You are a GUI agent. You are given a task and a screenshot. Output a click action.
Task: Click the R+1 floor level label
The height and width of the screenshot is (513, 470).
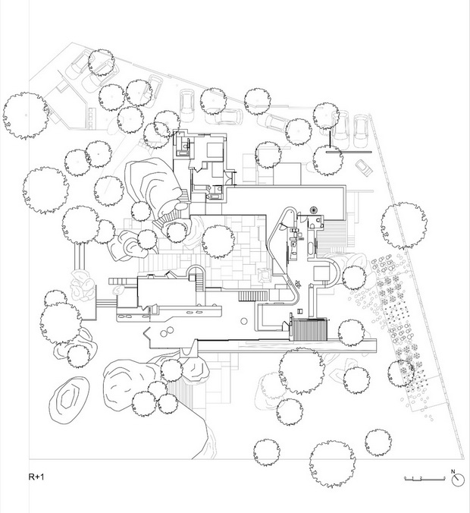(36, 477)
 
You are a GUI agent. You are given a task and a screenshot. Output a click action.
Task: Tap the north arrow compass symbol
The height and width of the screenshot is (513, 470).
(458, 480)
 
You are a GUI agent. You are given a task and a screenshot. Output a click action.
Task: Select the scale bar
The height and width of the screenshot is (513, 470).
(425, 479)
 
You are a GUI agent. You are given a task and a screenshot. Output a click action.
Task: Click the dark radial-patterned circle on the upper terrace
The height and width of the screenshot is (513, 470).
(314, 209)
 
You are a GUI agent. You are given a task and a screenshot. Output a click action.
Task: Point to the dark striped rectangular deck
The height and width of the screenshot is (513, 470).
(310, 329)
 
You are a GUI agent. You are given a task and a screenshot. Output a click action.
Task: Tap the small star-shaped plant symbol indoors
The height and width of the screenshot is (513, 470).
(298, 284)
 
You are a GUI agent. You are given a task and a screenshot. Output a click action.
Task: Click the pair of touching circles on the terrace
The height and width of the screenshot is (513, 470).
(167, 332)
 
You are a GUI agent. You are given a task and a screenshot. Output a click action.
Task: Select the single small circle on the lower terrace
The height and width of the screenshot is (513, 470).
(243, 321)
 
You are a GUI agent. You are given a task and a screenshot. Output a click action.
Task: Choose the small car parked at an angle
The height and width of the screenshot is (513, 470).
(363, 167)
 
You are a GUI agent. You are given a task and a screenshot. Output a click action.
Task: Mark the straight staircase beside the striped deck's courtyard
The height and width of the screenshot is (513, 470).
(253, 296)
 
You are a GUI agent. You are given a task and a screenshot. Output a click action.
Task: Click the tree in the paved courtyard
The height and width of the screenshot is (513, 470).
(218, 241)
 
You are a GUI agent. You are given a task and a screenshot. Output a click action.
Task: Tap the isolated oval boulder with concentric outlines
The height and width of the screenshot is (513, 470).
(69, 399)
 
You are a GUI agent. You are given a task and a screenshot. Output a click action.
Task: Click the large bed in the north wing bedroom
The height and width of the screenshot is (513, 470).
(215, 150)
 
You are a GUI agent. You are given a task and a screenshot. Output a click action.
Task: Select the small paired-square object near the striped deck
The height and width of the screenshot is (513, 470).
(300, 311)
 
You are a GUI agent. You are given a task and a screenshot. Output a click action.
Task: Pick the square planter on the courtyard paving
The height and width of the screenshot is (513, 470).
(265, 275)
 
